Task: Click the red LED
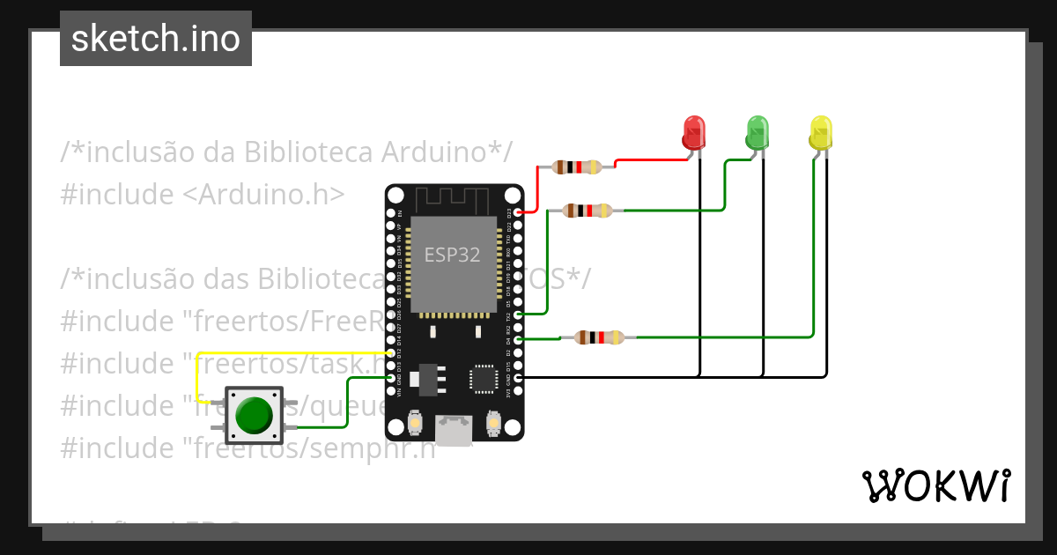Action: pos(694,132)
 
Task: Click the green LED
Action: pos(757,132)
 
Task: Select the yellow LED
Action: pos(820,132)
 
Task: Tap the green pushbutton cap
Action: pos(254,415)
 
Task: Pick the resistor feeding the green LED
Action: pos(588,211)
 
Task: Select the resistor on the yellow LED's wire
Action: pos(599,337)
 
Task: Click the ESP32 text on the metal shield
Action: pos(453,255)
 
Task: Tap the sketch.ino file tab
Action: pos(156,39)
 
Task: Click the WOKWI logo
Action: pos(935,485)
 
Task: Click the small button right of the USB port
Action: pos(493,425)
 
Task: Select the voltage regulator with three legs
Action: pos(429,376)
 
